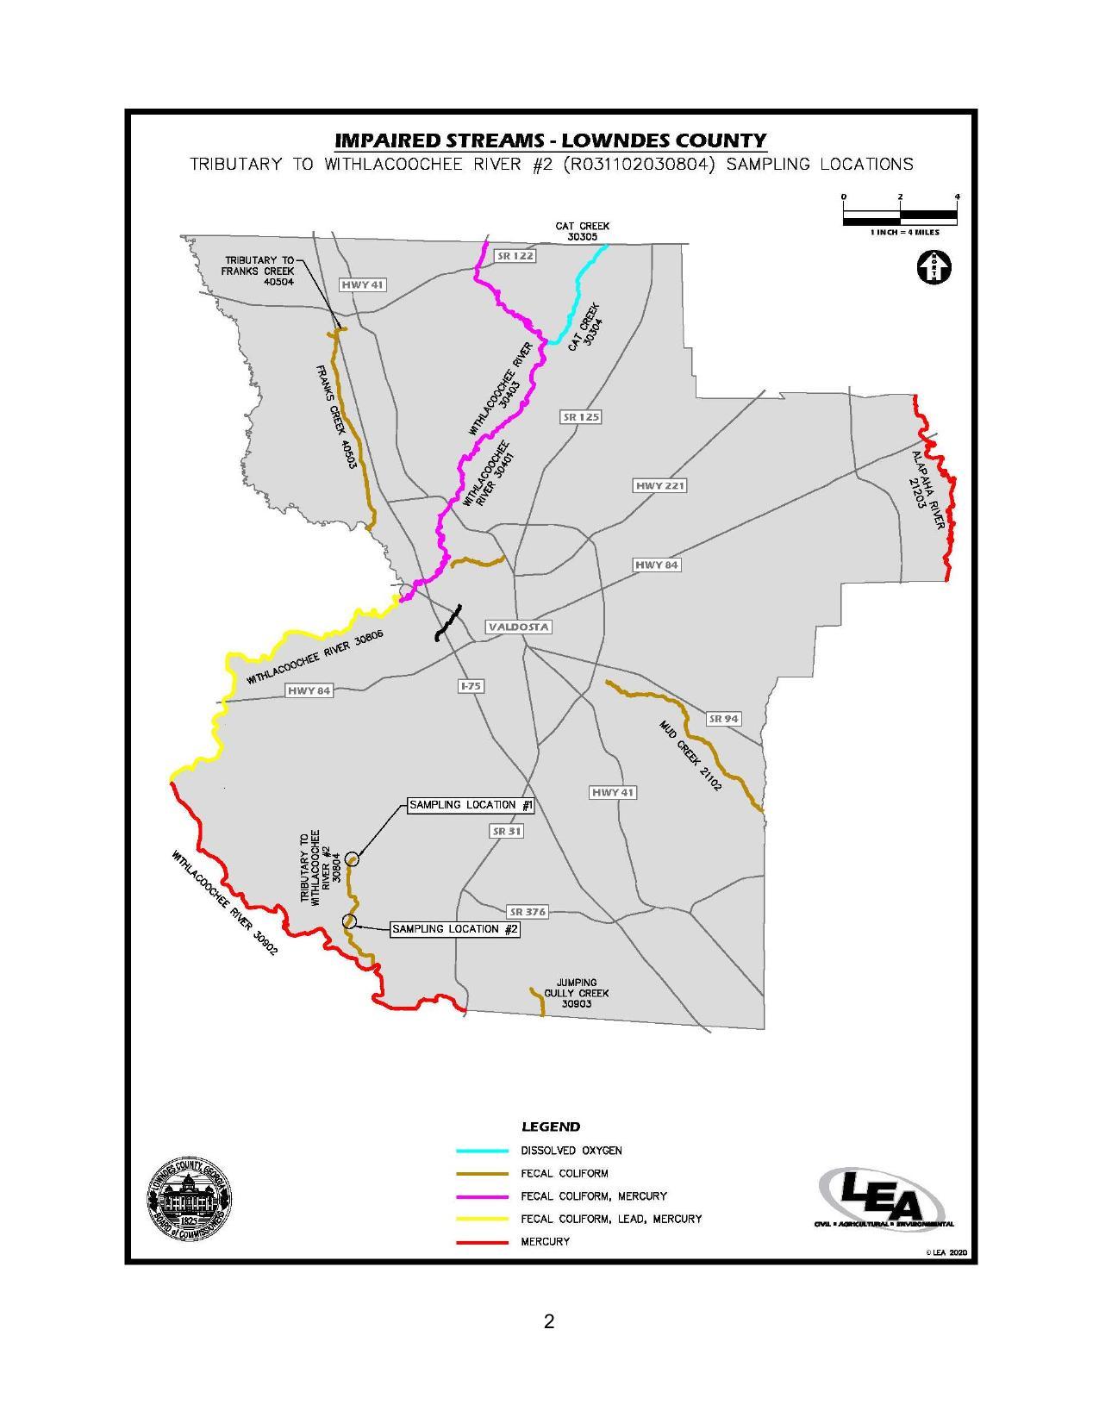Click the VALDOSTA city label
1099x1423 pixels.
(x=518, y=627)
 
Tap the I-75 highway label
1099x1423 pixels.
(x=471, y=686)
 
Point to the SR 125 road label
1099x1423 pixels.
(x=581, y=417)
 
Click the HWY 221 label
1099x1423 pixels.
(x=660, y=486)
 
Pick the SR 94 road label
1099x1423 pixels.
(x=723, y=719)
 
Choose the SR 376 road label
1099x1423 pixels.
(x=528, y=912)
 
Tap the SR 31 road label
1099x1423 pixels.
(x=506, y=832)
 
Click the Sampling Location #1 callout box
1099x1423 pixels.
(x=471, y=805)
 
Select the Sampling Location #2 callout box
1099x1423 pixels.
(x=455, y=929)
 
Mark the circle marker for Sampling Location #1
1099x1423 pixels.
(x=352, y=858)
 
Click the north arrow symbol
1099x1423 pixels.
(x=933, y=266)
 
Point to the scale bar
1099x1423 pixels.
(x=900, y=215)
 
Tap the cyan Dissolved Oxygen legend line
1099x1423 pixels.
(x=482, y=1151)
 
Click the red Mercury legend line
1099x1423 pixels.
(x=482, y=1242)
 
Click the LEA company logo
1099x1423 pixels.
(x=884, y=1196)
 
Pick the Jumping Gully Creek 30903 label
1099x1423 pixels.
(x=576, y=993)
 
